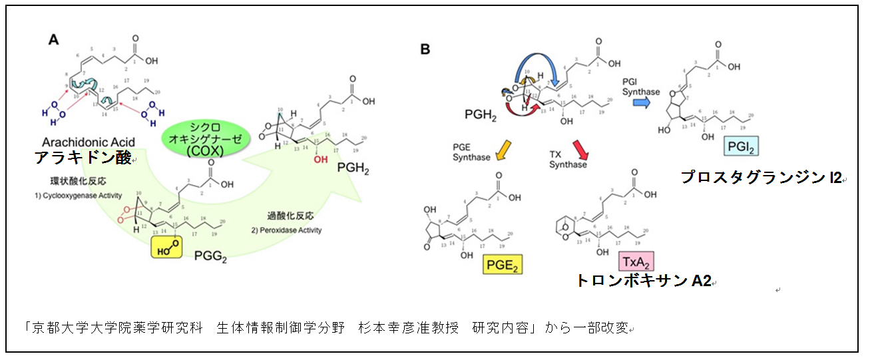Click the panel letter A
(x=54, y=40)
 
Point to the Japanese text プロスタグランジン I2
(x=760, y=178)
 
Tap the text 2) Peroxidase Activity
(x=287, y=230)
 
